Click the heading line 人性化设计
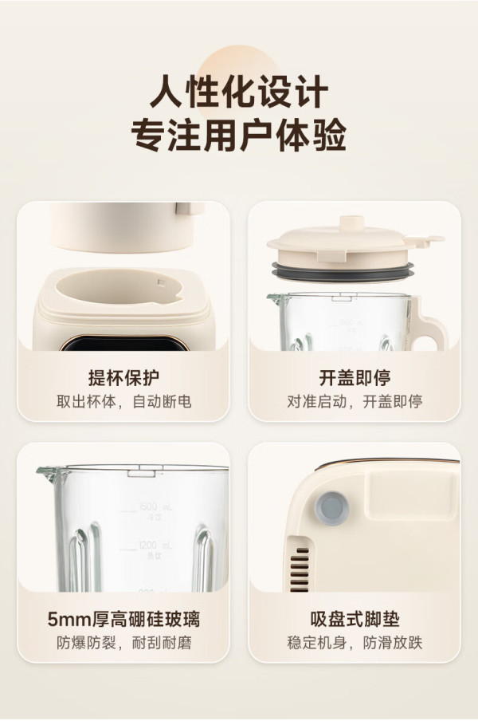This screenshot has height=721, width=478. tap(239, 93)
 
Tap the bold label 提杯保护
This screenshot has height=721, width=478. tap(123, 378)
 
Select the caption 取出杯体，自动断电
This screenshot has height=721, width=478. tap(123, 401)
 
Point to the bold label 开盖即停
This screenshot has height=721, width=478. tap(355, 378)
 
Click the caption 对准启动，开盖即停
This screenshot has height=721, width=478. tap(355, 401)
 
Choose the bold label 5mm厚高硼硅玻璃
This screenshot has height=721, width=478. tap(123, 619)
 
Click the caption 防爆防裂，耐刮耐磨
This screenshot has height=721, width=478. tap(123, 642)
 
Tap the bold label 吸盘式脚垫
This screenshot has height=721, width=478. tap(355, 619)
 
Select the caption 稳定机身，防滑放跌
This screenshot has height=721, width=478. tap(355, 642)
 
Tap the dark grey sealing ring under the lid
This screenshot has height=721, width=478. tap(343, 271)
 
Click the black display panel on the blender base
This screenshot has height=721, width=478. tap(124, 344)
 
